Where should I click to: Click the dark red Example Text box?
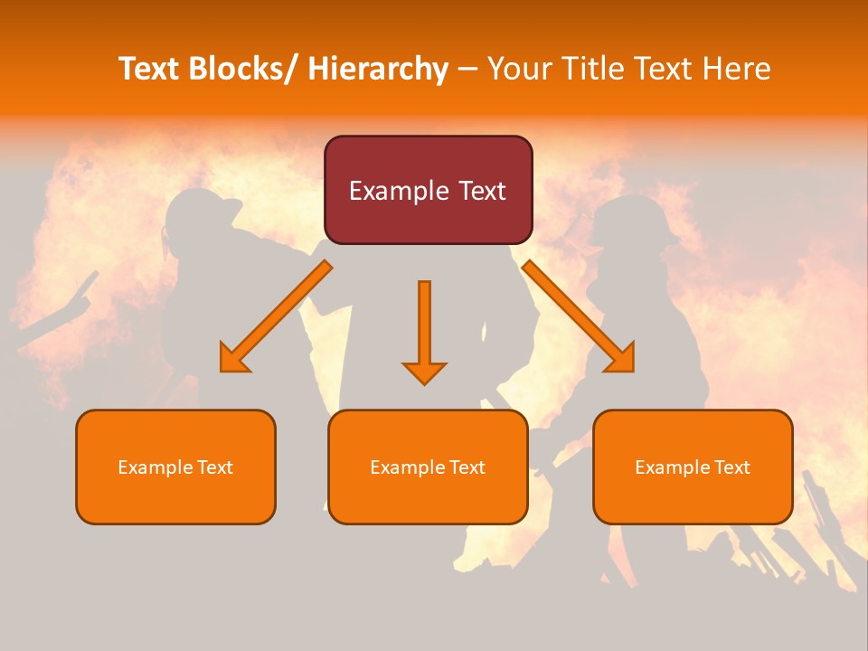(428, 190)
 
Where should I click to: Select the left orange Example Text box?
(175, 467)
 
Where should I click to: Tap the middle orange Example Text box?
(428, 467)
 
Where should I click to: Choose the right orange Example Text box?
(693, 467)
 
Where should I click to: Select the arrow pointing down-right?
(579, 316)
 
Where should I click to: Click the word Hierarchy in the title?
(377, 69)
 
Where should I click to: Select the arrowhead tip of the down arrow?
(424, 382)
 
